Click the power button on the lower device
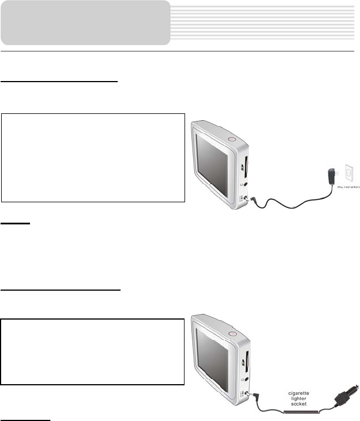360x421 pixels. click(x=232, y=333)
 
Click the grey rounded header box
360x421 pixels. click(x=85, y=23)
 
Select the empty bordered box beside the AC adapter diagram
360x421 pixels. click(x=93, y=158)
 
